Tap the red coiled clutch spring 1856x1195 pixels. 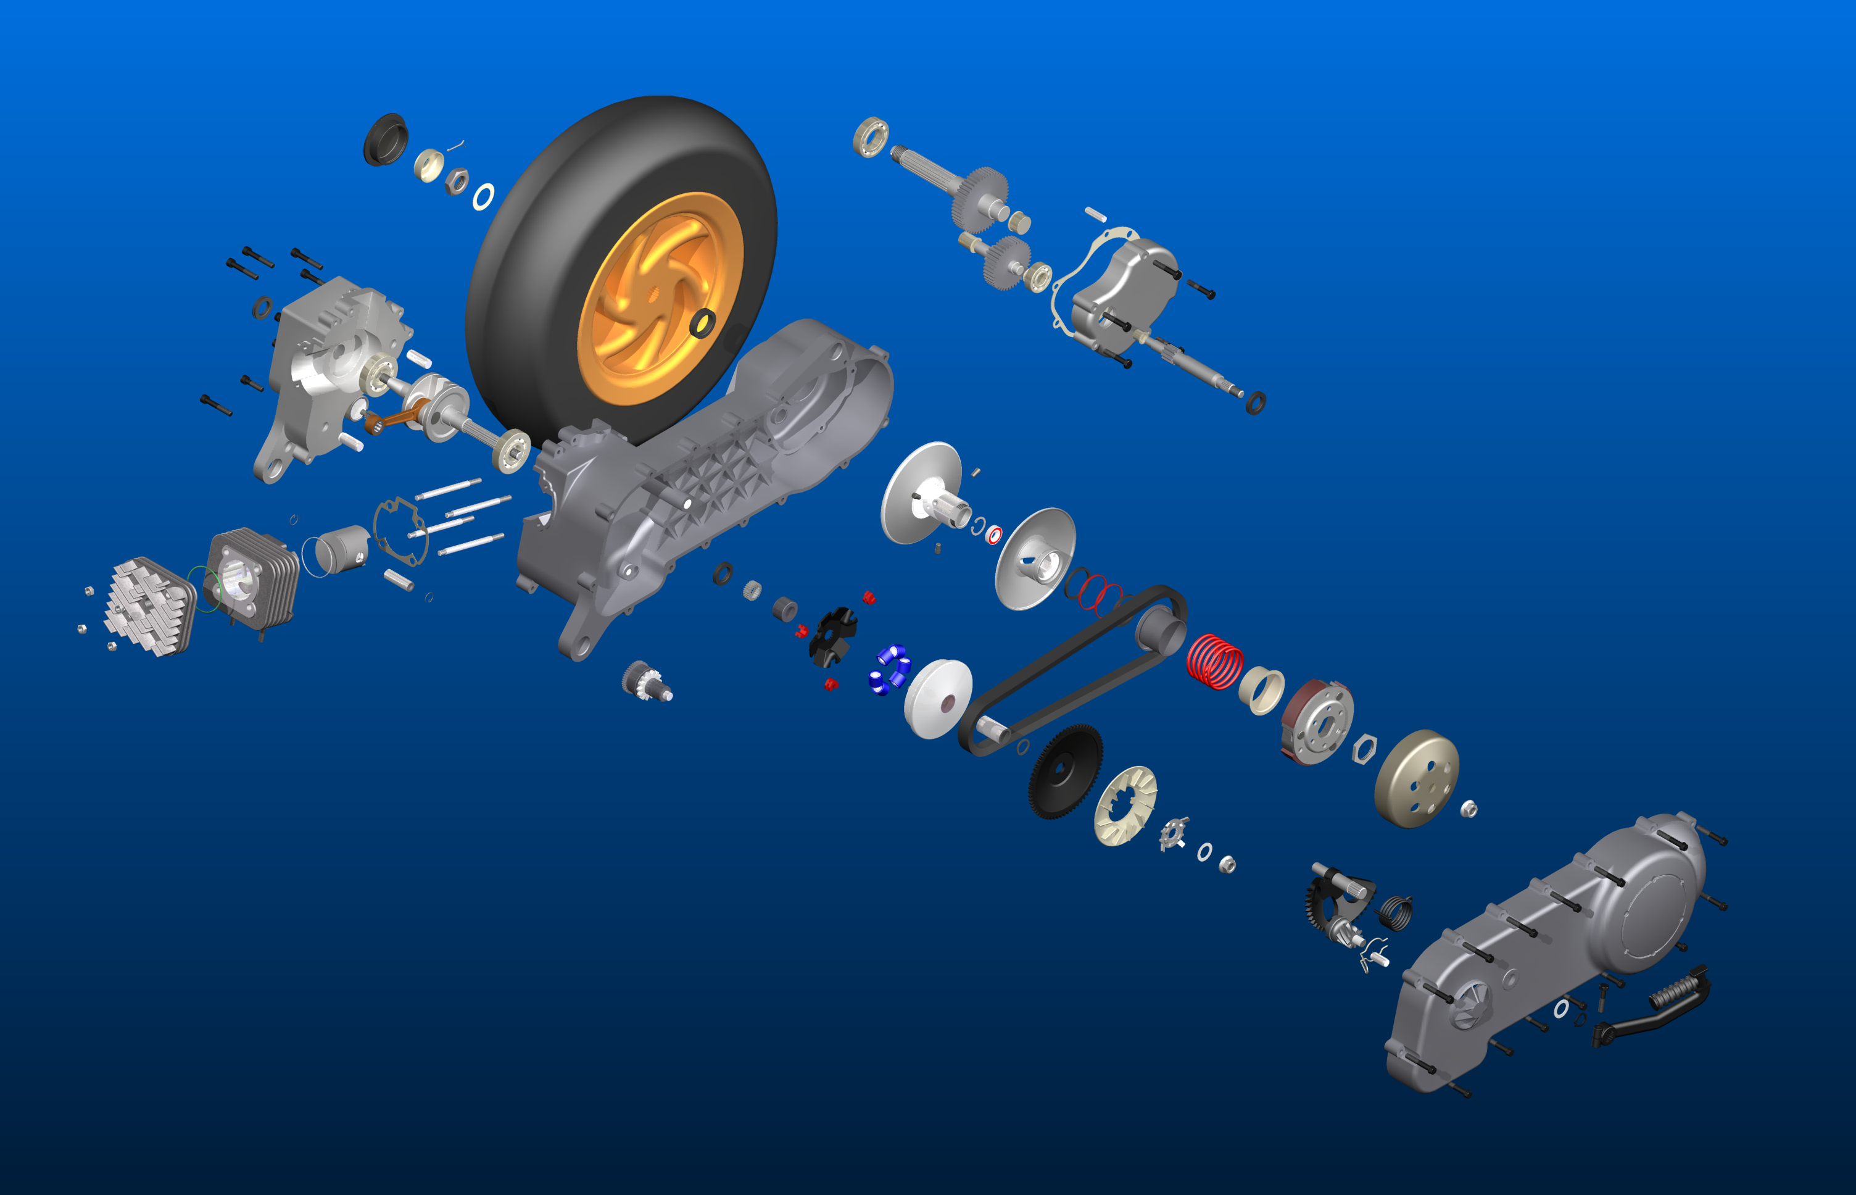[x=1214, y=661]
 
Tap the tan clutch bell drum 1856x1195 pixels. [x=1416, y=778]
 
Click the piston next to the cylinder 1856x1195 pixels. [x=342, y=549]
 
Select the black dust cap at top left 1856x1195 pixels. [x=386, y=139]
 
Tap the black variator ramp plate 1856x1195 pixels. [x=832, y=636]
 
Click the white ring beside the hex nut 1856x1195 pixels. [x=483, y=197]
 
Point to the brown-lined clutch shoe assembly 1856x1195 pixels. [x=1317, y=722]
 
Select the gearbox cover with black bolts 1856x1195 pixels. [x=1125, y=291]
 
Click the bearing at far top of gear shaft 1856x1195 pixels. [x=870, y=138]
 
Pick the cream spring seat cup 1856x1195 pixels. [x=1261, y=689]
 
